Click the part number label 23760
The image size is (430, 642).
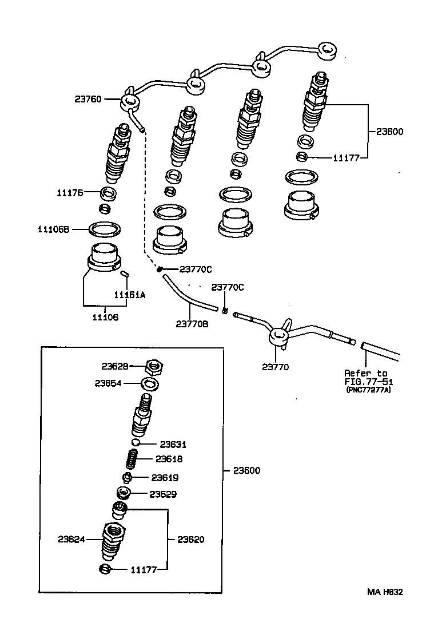pos(87,99)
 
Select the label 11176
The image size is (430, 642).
pos(69,193)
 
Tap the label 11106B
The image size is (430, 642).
pos(53,229)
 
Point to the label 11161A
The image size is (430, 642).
pos(129,295)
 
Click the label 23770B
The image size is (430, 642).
pos(192,323)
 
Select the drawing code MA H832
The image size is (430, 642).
pos(385,592)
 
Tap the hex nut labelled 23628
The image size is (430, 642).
pos(153,366)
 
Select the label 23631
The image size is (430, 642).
pos(173,444)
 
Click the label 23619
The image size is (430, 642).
pos(165,478)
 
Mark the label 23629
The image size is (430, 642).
pos(164,494)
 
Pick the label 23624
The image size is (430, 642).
pos(71,539)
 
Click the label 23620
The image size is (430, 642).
pos(190,539)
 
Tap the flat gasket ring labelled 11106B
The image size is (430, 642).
pos(105,230)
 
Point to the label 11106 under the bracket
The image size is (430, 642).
pos(105,317)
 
